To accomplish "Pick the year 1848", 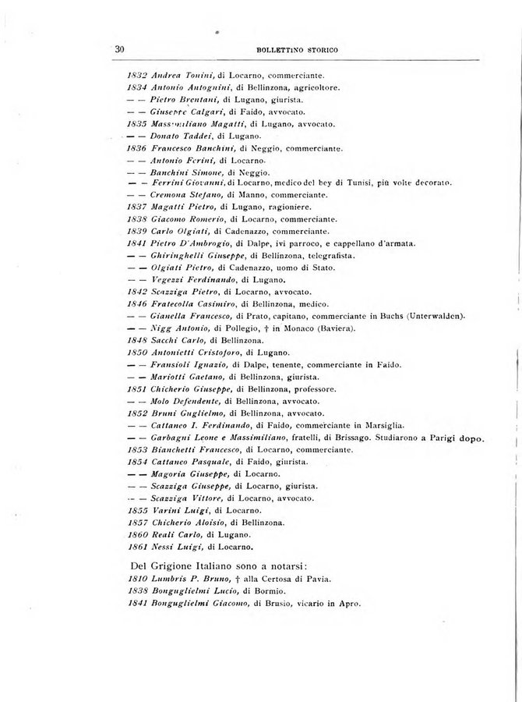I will [136, 341].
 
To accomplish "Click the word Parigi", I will [443, 438].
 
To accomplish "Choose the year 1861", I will [136, 546].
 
